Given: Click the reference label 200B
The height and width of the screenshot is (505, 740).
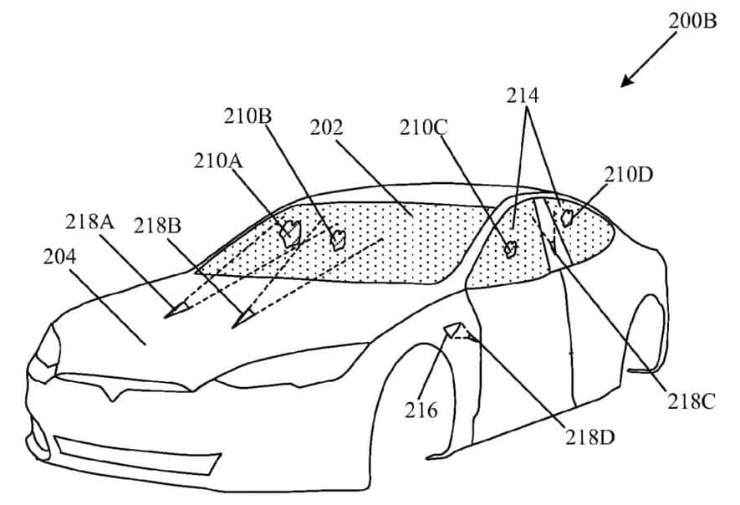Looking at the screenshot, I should (x=692, y=21).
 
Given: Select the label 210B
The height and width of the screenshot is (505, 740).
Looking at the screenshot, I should (x=248, y=117).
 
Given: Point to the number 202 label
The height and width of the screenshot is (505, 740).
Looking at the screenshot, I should (x=327, y=128).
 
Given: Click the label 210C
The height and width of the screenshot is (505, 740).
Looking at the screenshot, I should (x=424, y=128).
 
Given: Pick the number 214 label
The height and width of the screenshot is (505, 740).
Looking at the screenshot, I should (x=522, y=95).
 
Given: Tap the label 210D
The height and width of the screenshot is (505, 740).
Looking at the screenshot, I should (x=629, y=175).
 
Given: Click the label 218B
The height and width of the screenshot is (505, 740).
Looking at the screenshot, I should (x=157, y=225).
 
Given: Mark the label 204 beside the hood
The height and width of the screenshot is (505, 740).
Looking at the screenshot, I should (x=59, y=257).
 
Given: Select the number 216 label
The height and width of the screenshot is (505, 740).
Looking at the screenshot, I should (x=421, y=410).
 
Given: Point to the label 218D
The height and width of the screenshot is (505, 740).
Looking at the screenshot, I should (x=589, y=436).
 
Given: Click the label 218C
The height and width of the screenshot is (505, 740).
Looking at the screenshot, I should (x=691, y=401).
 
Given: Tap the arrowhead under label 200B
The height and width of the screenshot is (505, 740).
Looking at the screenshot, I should (x=625, y=82).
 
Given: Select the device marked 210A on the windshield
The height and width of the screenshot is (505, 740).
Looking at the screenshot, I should (x=290, y=232).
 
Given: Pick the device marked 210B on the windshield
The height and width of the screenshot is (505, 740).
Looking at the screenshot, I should (x=337, y=240).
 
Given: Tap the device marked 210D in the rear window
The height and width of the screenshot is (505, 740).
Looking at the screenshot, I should (x=567, y=218).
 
